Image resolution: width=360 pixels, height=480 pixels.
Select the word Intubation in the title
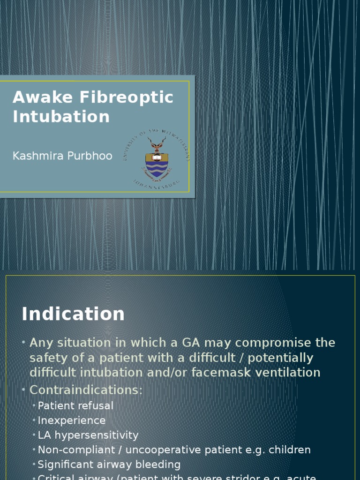[61, 116]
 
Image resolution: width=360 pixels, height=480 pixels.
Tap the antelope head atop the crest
[157, 144]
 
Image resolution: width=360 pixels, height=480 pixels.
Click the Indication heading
[73, 314]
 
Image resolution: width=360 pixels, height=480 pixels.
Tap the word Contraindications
[86, 390]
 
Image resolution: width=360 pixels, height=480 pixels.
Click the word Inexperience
[71, 420]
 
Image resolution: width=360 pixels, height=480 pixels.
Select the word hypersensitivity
[97, 435]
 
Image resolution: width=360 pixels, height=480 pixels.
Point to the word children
[290, 450]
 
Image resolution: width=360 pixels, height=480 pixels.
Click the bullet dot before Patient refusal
[34, 406]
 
